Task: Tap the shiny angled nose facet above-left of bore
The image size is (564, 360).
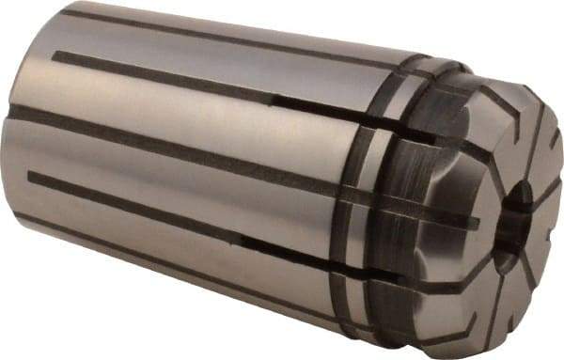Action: (x=470, y=141)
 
